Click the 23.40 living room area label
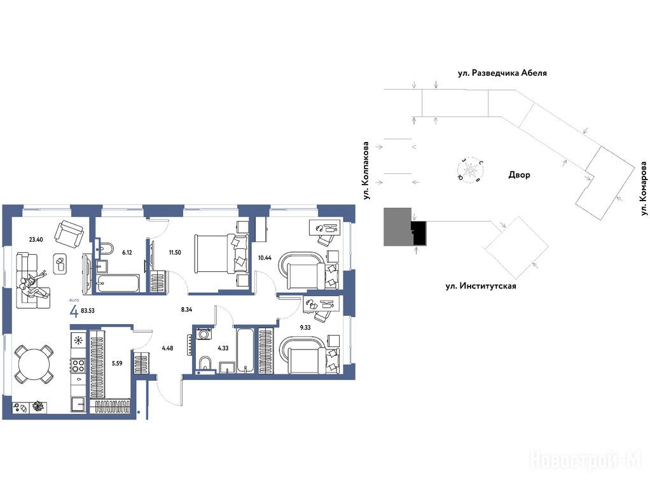point(36,239)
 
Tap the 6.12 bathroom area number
point(127,252)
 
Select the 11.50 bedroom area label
point(175,252)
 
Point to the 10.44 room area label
point(265,258)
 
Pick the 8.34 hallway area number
point(186,309)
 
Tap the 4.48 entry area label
point(167,348)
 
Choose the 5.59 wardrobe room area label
point(117,363)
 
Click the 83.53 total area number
point(88,310)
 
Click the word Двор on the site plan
point(519,174)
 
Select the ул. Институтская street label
point(481,286)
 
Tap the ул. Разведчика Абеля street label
point(502,73)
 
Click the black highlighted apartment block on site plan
point(418,232)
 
